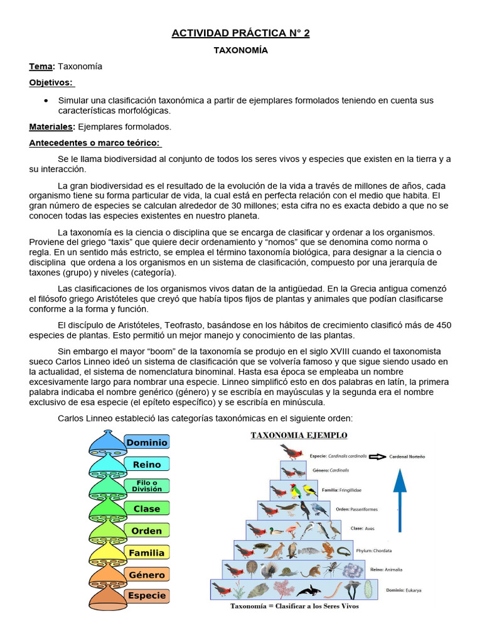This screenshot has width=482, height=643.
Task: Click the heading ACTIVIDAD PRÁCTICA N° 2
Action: (240, 33)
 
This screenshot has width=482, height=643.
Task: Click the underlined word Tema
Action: (41, 67)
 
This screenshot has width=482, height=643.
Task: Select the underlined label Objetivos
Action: (51, 83)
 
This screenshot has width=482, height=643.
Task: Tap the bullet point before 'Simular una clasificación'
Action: (46, 100)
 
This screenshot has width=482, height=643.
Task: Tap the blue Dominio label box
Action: (147, 443)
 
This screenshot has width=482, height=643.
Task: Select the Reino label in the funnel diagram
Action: (147, 465)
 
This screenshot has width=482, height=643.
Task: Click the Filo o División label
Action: (147, 486)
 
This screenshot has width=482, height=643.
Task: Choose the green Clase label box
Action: (147, 509)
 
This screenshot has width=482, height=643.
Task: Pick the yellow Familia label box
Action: (147, 553)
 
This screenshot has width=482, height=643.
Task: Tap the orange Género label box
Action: (147, 575)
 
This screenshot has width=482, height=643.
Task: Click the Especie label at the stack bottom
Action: (147, 595)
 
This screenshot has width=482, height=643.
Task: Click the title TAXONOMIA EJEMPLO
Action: (299, 435)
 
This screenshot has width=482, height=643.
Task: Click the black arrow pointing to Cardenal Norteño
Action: (377, 457)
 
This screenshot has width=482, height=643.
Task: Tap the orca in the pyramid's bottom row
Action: (309, 590)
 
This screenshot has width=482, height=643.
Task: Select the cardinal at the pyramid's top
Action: (292, 451)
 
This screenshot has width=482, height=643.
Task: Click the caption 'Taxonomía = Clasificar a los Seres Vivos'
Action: (294, 607)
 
